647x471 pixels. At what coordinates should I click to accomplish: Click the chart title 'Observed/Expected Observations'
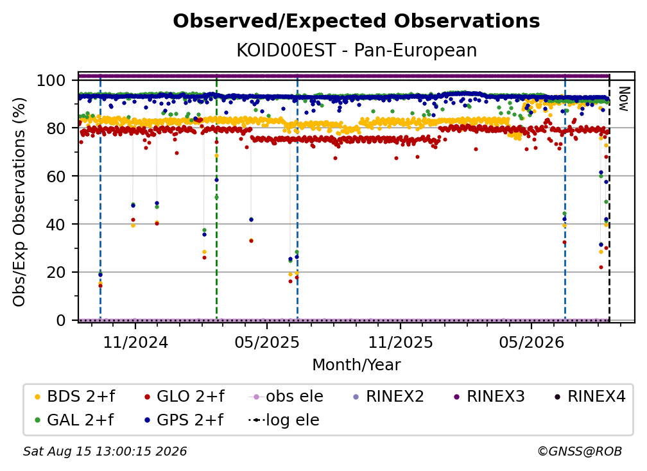(356, 21)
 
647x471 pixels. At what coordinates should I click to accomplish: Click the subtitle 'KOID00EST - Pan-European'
(356, 50)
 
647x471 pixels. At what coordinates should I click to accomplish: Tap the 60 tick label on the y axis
(56, 176)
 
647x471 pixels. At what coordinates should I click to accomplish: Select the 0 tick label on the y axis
(61, 320)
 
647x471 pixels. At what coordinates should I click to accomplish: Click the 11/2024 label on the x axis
(135, 342)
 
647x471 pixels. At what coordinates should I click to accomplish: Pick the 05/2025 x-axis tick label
(267, 342)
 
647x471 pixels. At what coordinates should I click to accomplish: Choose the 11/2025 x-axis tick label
(401, 342)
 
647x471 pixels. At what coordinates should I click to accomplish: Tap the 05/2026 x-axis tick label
(531, 342)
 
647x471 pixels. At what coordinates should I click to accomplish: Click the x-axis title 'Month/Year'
(356, 365)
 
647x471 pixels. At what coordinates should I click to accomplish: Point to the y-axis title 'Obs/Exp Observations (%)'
(19, 202)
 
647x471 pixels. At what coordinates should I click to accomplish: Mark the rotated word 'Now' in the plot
(624, 99)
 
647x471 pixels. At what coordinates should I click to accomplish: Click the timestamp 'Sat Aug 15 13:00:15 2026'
(105, 452)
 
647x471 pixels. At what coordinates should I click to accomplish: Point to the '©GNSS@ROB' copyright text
(580, 452)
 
